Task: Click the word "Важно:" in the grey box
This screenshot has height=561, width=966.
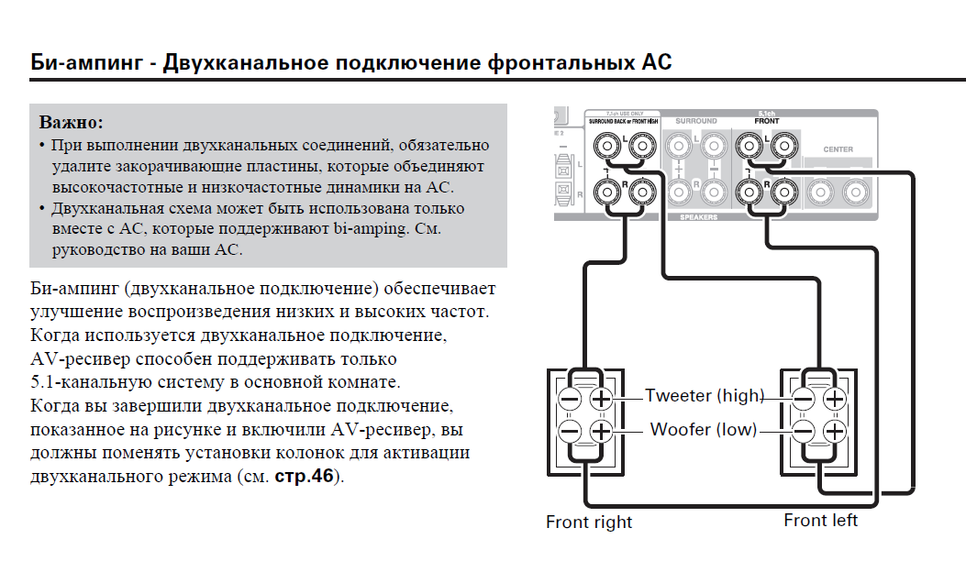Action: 72,122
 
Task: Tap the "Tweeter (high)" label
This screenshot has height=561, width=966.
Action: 704,396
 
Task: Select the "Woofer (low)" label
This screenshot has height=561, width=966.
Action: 704,429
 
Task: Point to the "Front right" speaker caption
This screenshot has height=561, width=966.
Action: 589,522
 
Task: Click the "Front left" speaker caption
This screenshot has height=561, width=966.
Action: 820,521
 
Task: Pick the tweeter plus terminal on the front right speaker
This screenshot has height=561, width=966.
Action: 601,399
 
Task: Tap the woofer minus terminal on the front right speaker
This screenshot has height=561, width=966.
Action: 570,431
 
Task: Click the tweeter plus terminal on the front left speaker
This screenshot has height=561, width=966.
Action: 834,399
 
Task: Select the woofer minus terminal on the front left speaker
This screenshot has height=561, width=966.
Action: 804,431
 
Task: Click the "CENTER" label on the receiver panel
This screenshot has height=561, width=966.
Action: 838,149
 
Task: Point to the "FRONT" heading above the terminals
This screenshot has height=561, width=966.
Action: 765,121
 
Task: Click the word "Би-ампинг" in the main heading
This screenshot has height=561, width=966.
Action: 86,62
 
